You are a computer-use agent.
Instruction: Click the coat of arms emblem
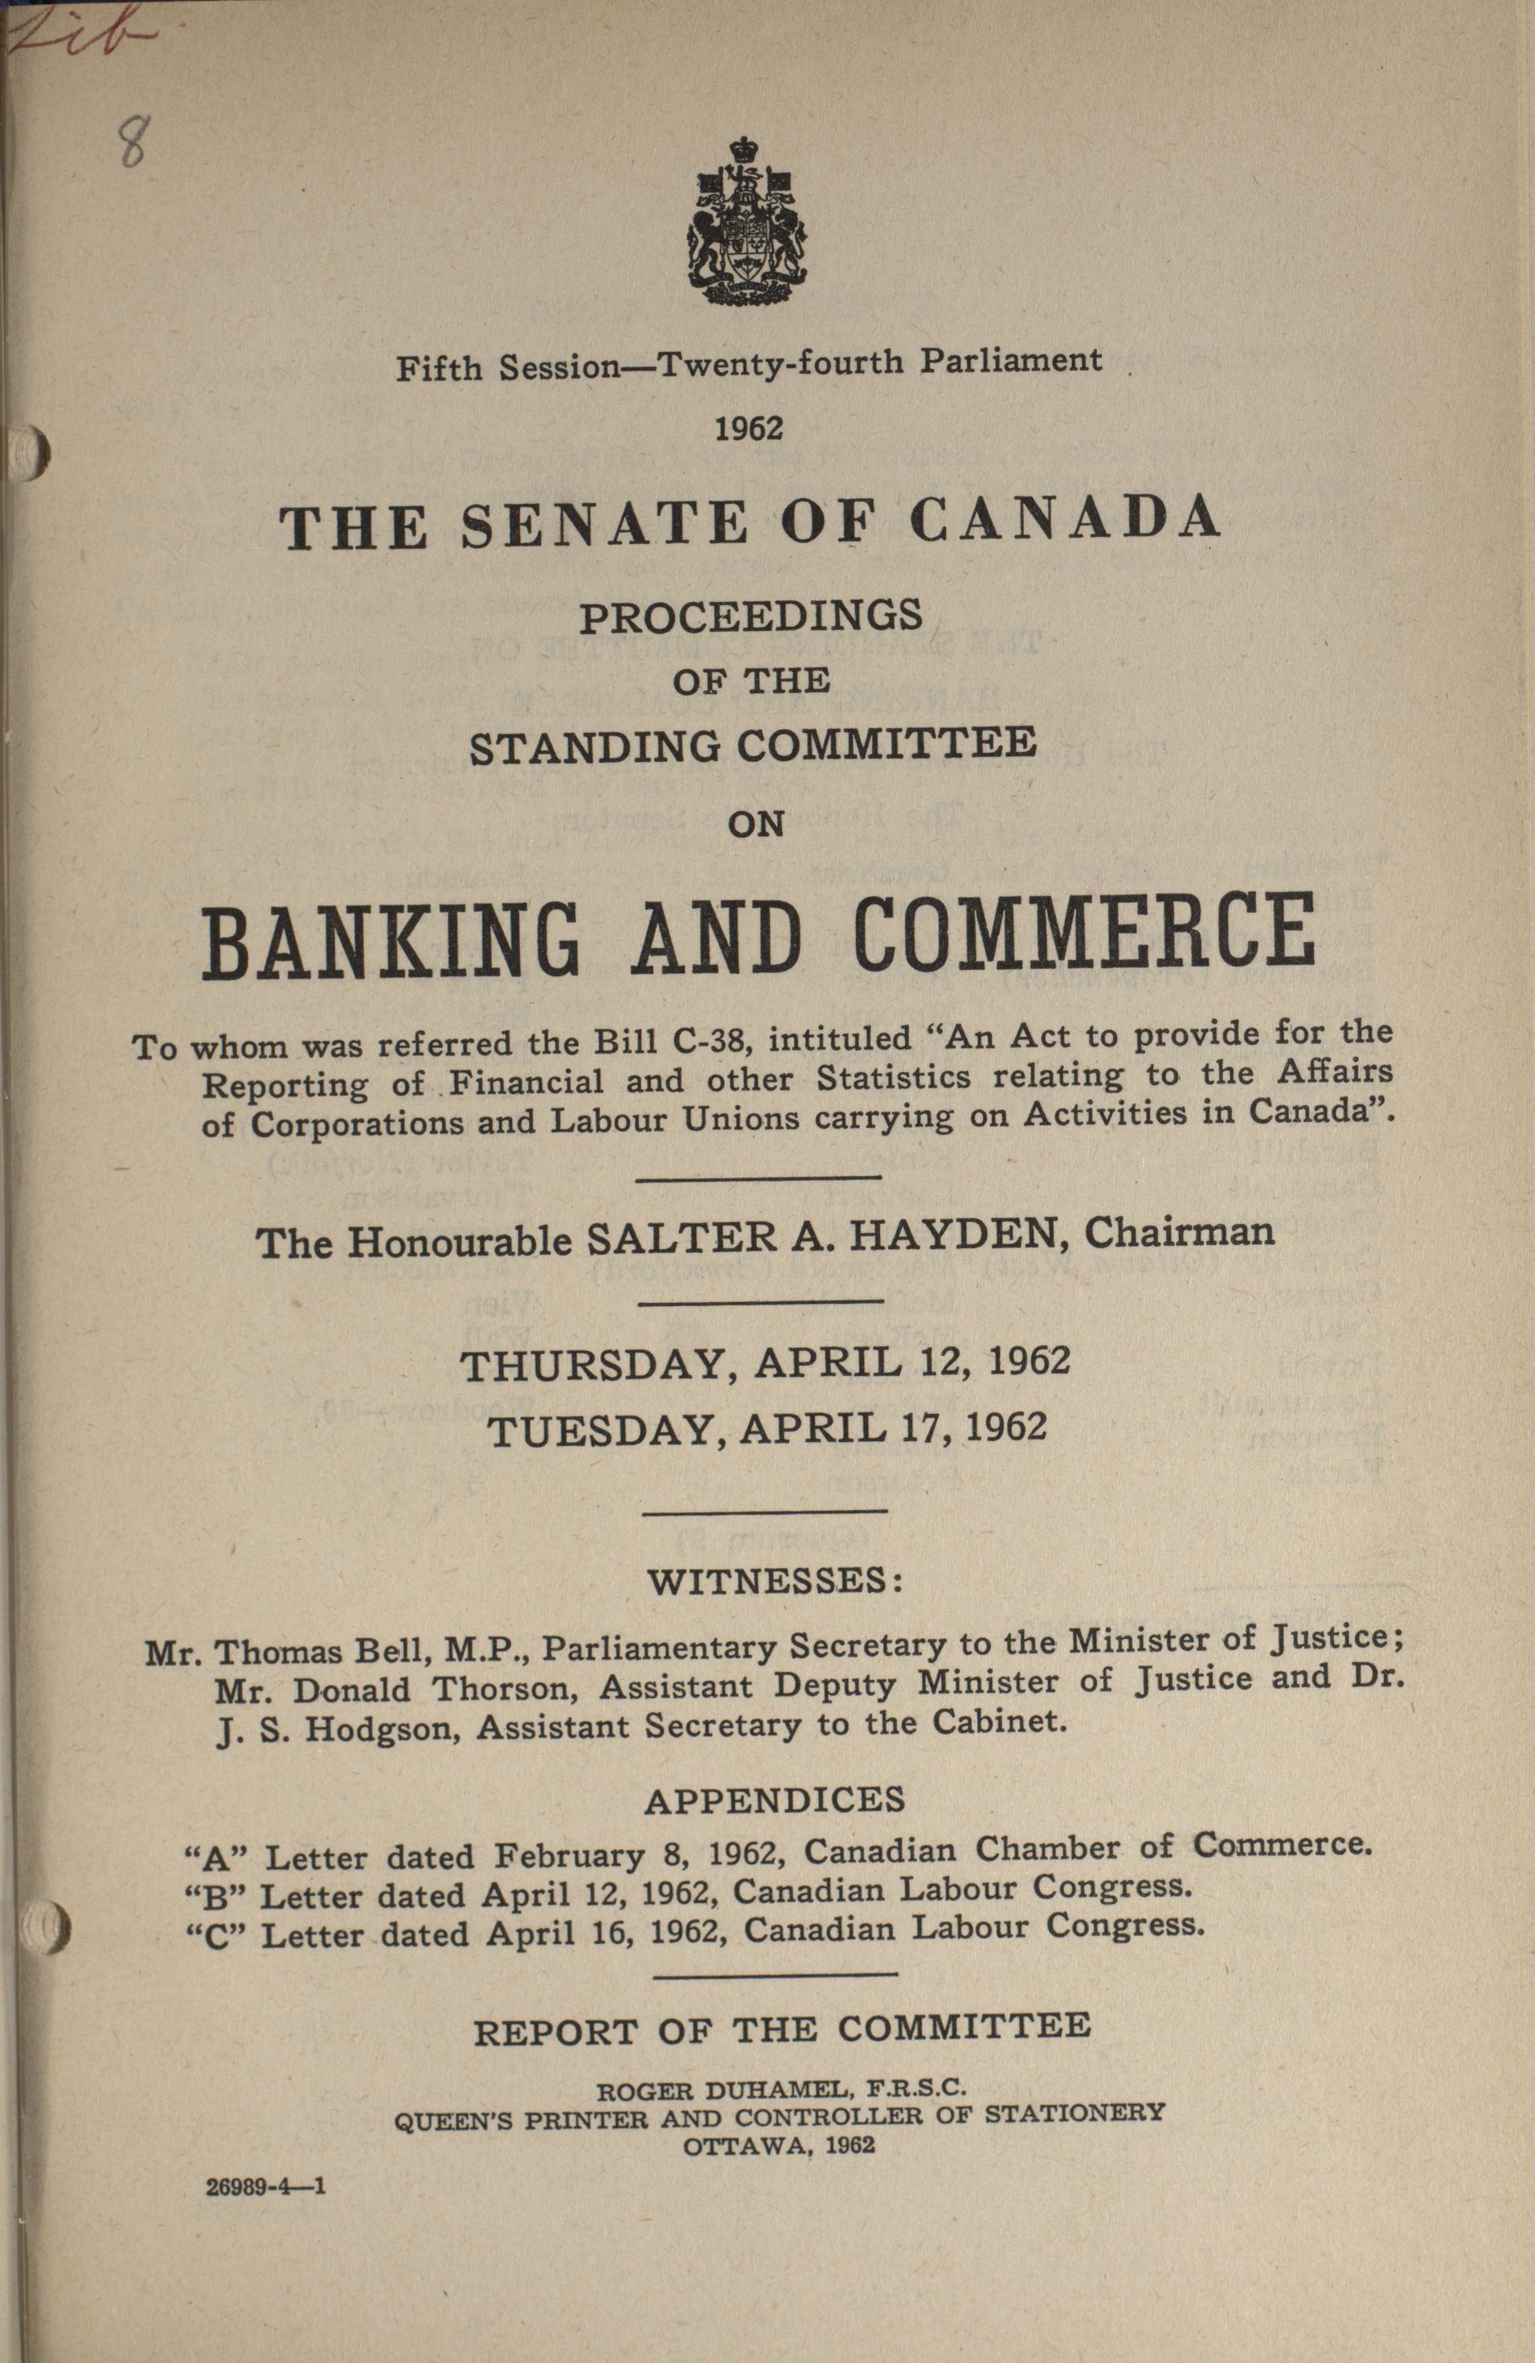(742, 223)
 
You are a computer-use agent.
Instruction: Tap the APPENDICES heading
(775, 1800)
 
